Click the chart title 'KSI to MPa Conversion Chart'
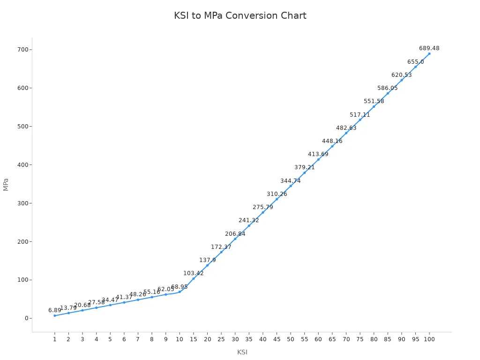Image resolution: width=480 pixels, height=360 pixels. point(240,15)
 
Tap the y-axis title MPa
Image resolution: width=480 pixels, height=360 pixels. point(6,184)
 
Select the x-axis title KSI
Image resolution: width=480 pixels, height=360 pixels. point(242,352)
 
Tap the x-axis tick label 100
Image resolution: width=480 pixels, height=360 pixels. point(429,339)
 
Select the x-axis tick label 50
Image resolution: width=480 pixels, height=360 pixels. point(291,339)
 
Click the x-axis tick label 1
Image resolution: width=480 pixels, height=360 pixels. point(54,339)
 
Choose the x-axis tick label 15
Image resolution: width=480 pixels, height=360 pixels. point(193,339)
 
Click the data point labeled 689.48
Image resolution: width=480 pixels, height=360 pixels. point(429,53)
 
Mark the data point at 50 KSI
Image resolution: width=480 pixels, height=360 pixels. point(291,186)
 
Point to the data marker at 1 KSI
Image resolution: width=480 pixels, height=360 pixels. point(54,315)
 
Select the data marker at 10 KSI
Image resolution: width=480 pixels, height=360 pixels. point(180,292)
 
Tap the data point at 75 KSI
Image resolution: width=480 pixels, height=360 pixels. point(360,120)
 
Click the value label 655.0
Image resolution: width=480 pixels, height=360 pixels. point(415,62)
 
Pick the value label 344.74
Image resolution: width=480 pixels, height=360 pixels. point(291,181)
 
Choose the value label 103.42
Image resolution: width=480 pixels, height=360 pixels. point(193,273)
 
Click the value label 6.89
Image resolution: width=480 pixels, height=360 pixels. point(54,310)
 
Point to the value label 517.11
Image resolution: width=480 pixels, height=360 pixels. point(360,115)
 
